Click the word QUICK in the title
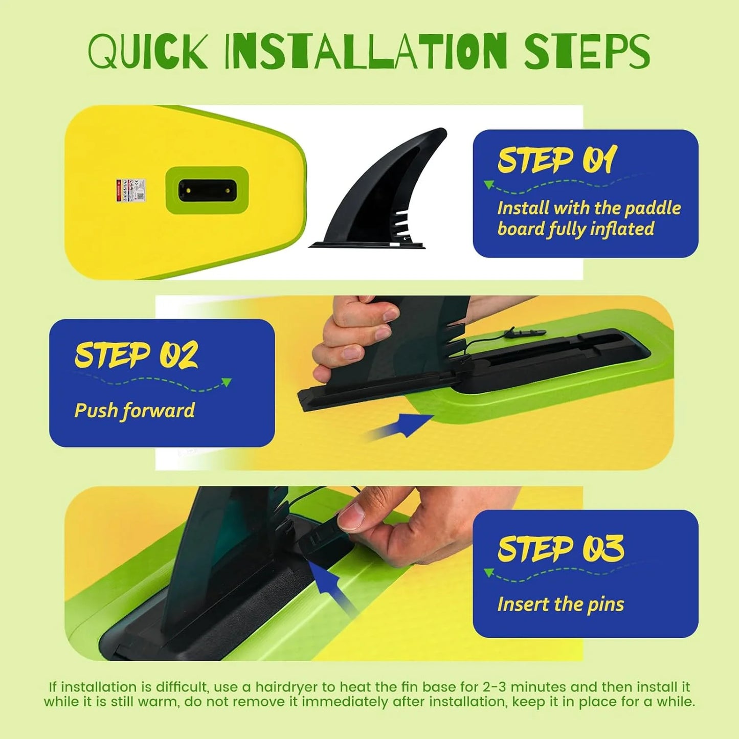(147, 52)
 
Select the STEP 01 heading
(557, 160)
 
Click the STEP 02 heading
(136, 355)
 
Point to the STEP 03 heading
(561, 549)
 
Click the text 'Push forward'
(135, 411)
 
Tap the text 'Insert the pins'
(561, 604)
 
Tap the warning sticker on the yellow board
(130, 190)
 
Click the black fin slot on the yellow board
(207, 191)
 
